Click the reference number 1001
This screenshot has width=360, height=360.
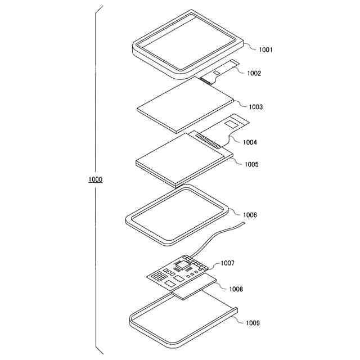click(x=266, y=50)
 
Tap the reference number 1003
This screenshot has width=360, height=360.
click(x=256, y=106)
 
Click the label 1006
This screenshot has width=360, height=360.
click(x=250, y=215)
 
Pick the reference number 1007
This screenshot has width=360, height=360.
click(x=228, y=263)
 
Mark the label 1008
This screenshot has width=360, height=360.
click(x=236, y=289)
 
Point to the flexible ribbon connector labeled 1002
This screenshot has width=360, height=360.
click(x=222, y=72)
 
